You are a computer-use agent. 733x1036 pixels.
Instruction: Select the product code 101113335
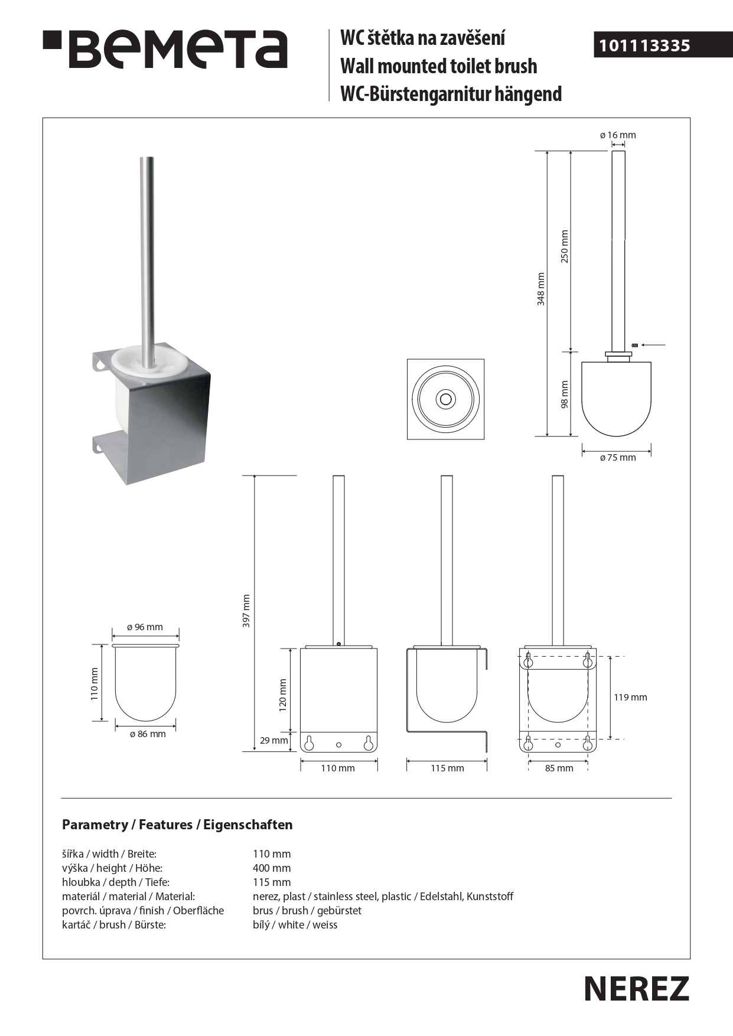(644, 45)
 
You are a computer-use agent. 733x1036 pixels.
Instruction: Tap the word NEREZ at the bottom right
(636, 989)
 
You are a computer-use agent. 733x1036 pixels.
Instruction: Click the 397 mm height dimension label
(247, 611)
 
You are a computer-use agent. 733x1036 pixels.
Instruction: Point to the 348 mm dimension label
(541, 289)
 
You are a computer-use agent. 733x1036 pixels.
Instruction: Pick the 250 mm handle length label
(565, 246)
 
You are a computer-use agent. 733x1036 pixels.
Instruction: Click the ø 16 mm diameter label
(618, 135)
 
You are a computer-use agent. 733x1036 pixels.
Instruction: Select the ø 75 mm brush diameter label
(618, 458)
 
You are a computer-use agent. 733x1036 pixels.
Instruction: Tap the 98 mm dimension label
(565, 394)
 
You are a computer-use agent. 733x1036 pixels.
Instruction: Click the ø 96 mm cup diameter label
(145, 627)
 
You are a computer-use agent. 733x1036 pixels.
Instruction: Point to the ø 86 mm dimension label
(148, 734)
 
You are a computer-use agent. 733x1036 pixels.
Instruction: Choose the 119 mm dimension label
(630, 698)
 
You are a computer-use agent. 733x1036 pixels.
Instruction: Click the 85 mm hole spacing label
(558, 768)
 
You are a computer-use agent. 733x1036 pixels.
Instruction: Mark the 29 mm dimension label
(274, 741)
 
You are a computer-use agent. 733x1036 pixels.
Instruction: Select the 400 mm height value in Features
(272, 868)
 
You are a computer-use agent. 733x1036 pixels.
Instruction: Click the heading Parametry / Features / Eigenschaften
(177, 825)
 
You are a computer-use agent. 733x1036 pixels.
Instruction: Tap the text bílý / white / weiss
(295, 925)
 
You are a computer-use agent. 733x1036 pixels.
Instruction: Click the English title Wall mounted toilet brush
(439, 66)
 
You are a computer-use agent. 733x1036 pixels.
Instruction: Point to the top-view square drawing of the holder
(445, 399)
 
